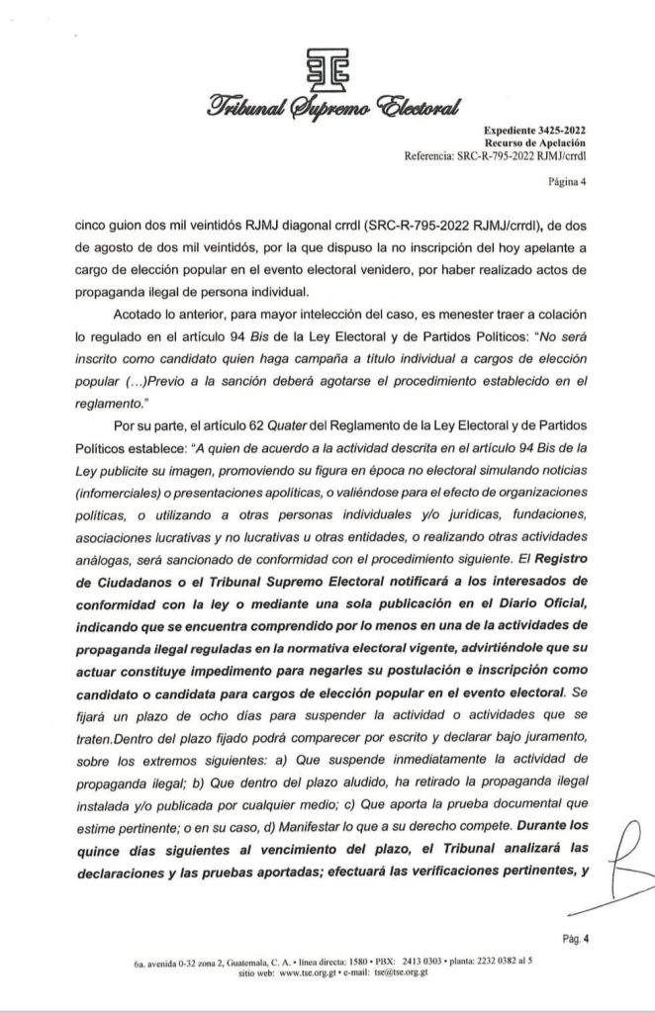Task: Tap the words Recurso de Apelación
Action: pos(542,144)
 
